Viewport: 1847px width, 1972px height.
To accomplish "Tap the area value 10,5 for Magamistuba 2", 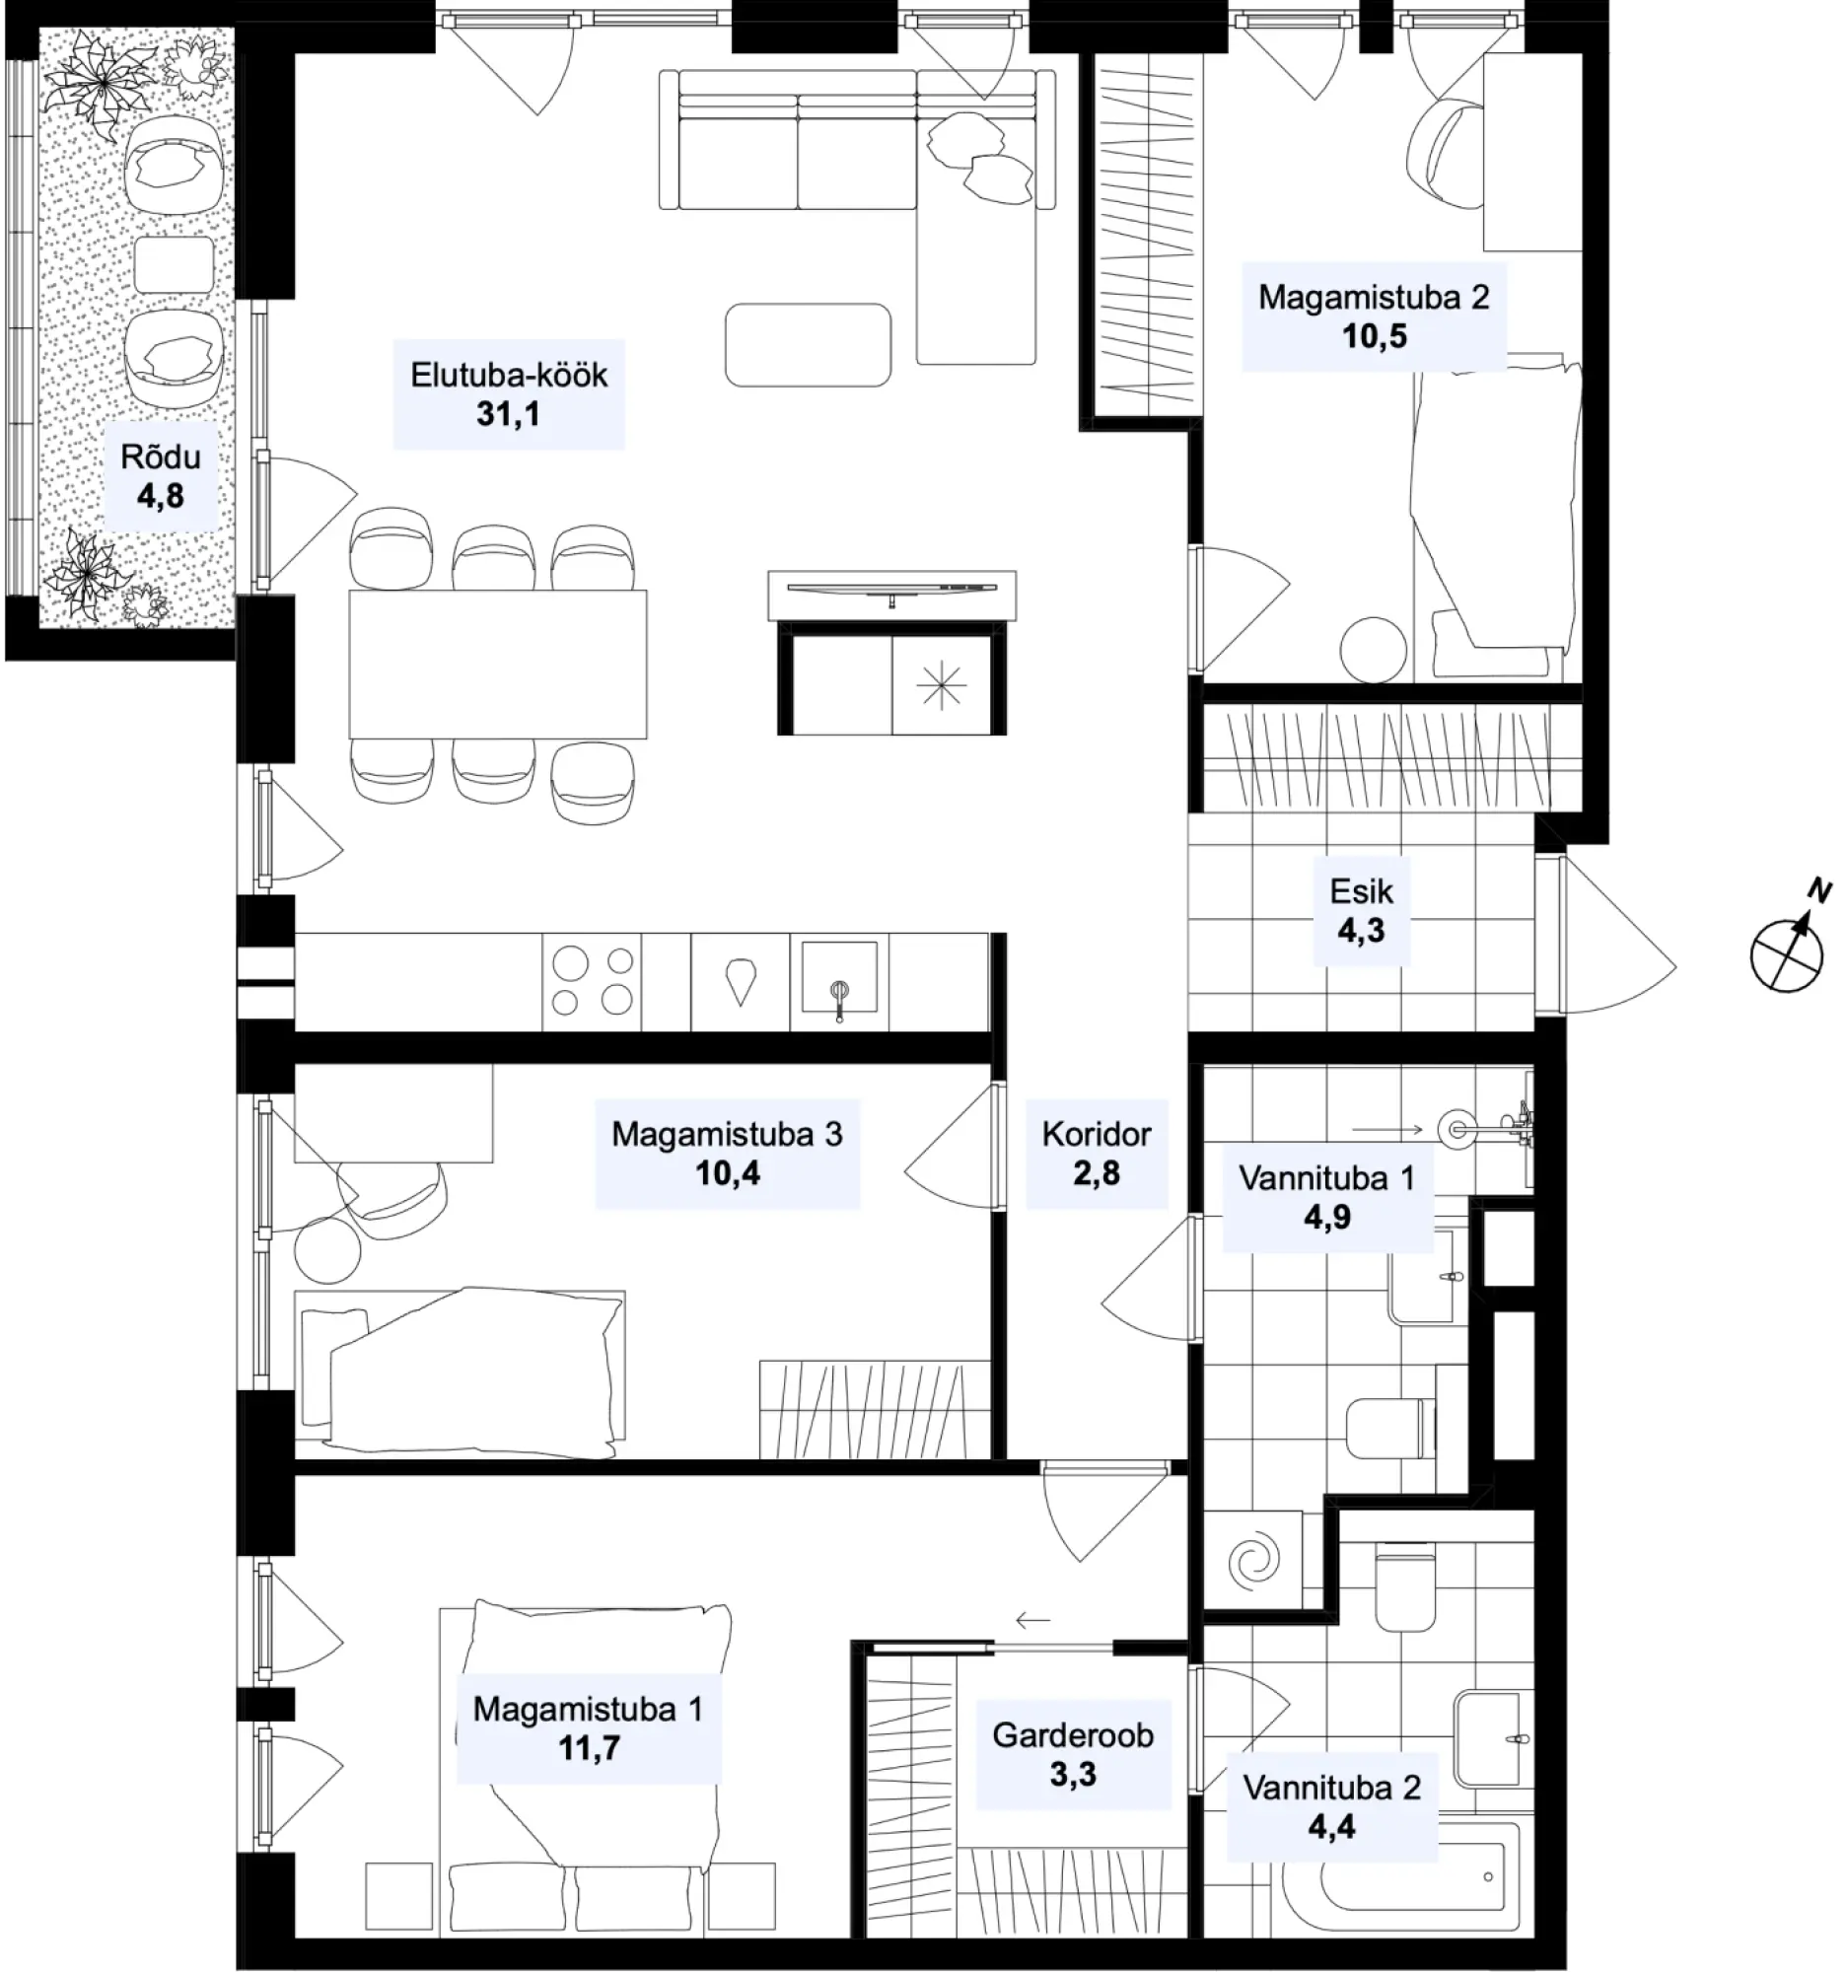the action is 1374,336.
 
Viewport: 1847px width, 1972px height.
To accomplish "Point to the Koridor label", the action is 1097,1134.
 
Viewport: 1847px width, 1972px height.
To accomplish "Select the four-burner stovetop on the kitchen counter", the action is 593,981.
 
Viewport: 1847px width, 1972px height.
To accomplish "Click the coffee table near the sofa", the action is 808,345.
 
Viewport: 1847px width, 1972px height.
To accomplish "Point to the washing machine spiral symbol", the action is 1253,1560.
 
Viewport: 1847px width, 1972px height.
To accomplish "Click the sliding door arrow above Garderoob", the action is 1032,1622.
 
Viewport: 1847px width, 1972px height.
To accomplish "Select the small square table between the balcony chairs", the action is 174,265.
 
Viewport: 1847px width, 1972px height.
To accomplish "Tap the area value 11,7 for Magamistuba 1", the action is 590,1748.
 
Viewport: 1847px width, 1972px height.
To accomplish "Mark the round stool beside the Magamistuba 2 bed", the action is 1373,651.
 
